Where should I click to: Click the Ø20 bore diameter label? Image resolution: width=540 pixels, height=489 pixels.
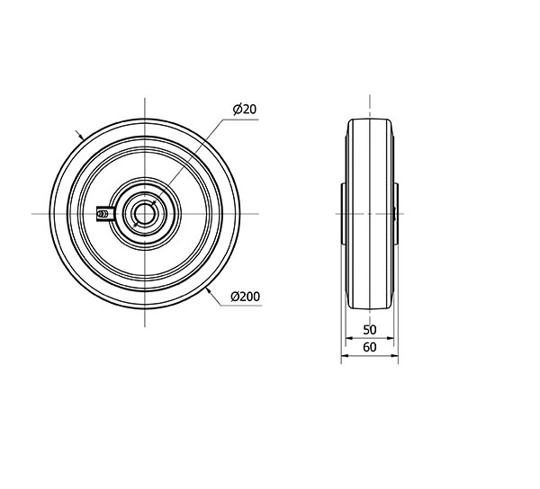click(245, 109)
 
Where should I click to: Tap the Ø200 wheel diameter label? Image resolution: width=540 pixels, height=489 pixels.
click(245, 297)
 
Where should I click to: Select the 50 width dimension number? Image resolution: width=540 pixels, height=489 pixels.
click(370, 330)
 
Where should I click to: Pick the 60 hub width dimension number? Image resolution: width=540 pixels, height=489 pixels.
click(370, 347)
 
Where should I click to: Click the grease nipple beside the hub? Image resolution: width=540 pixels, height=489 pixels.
click(103, 214)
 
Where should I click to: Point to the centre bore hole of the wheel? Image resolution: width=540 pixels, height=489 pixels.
click(145, 214)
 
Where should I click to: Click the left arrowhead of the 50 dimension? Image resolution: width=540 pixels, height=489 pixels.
click(348, 338)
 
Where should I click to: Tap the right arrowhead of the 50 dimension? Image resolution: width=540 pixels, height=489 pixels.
click(390, 338)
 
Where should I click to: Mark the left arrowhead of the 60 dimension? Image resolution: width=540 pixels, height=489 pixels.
click(345, 356)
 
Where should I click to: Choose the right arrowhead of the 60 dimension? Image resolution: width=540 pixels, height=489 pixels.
click(394, 356)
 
